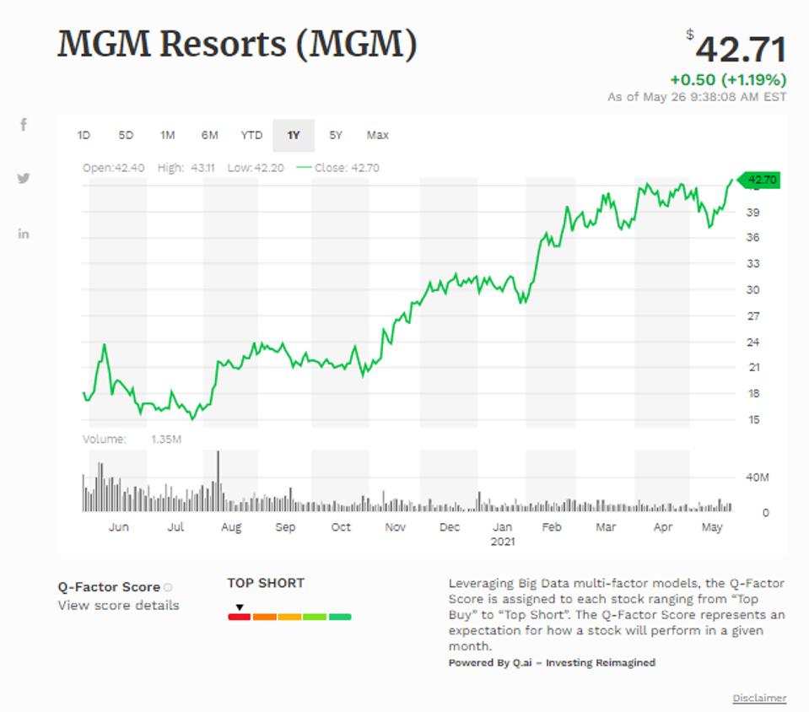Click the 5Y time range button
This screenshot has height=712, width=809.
point(336,135)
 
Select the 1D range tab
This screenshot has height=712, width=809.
point(84,135)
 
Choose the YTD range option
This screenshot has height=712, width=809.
point(251,135)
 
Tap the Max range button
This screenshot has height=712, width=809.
point(378,135)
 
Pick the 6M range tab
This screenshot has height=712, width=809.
point(209,135)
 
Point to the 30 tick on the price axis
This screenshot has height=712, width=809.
point(752,289)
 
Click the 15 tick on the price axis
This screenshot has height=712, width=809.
point(752,419)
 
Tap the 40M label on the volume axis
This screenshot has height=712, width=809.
point(757,477)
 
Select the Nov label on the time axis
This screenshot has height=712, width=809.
point(395,527)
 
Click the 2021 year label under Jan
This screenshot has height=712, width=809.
point(503,542)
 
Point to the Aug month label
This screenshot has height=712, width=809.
point(231,527)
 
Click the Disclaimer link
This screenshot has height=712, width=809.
point(759,698)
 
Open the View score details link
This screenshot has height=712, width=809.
point(118,605)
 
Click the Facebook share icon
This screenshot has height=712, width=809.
point(24,125)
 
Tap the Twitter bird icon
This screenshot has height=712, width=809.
point(24,179)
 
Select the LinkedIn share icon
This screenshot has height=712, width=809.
point(24,234)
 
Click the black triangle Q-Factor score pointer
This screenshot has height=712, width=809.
point(240,607)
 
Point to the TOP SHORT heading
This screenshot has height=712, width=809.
point(266,583)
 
